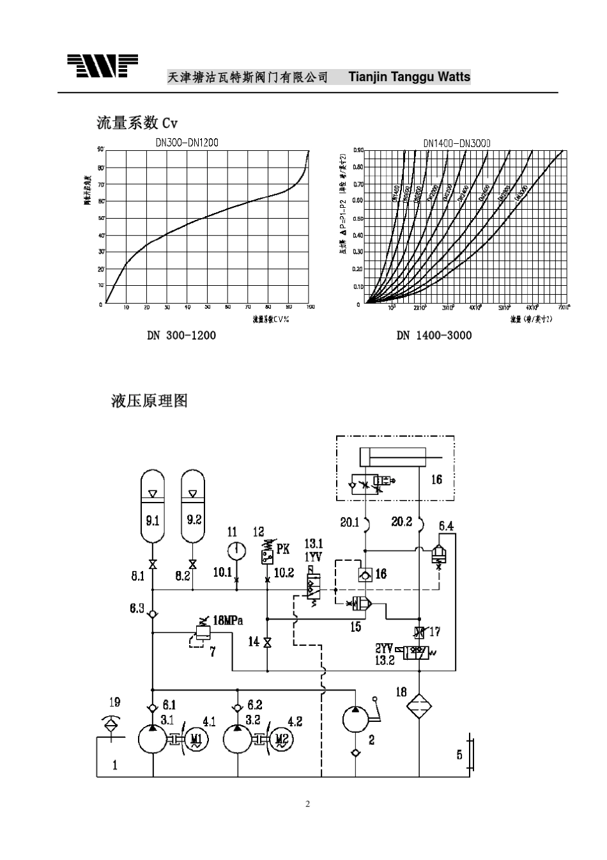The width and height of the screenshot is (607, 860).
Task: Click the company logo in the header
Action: tap(102, 66)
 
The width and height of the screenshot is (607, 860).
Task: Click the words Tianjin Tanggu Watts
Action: tap(409, 77)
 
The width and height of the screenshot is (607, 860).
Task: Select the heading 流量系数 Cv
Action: tap(137, 122)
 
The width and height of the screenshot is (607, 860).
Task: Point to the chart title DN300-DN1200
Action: tap(187, 143)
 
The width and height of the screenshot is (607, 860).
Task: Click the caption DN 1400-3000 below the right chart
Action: tap(434, 335)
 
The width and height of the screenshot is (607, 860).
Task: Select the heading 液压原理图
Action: tap(150, 401)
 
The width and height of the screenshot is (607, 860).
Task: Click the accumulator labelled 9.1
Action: tap(153, 505)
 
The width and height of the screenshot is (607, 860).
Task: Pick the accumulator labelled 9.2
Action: tap(193, 505)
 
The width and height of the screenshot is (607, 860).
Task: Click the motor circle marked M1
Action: tap(196, 740)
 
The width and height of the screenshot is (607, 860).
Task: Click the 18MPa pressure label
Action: tap(228, 620)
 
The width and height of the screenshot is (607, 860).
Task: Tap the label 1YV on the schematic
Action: tap(312, 557)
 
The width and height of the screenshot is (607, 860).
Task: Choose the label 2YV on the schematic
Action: tap(384, 648)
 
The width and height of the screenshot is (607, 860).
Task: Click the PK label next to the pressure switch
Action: tap(283, 549)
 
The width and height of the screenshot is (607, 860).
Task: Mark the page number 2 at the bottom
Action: tap(307, 804)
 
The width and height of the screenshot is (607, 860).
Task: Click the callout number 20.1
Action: tap(350, 522)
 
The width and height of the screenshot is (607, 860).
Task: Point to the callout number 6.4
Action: tap(446, 526)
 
